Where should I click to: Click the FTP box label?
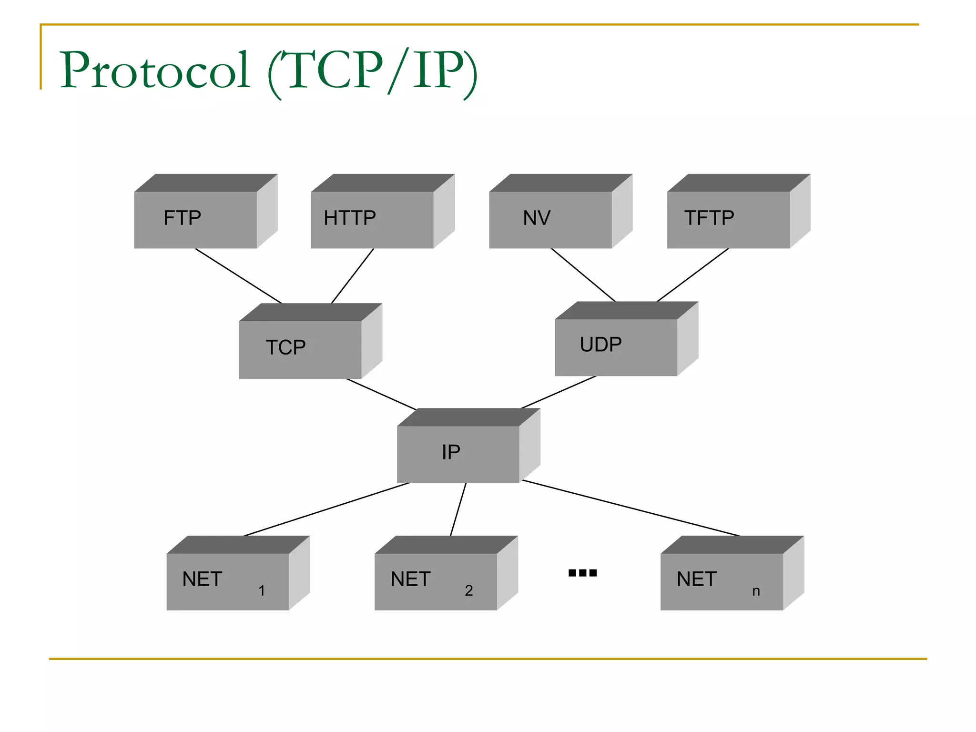pyautogui.click(x=182, y=218)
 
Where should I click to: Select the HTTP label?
pyautogui.click(x=350, y=218)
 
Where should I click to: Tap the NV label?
pyautogui.click(x=537, y=218)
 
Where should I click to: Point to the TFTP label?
pyautogui.click(x=709, y=218)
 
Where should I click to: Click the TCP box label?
pyautogui.click(x=285, y=347)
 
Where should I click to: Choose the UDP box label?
pyautogui.click(x=600, y=345)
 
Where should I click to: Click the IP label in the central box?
pyautogui.click(x=451, y=452)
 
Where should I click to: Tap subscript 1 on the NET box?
pyautogui.click(x=262, y=591)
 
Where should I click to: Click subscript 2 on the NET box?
pyautogui.click(x=469, y=591)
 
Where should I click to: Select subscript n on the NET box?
pyautogui.click(x=756, y=591)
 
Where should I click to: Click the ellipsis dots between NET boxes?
pyautogui.click(x=582, y=573)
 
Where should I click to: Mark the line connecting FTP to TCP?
pyautogui.click(x=238, y=276)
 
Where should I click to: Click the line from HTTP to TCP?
pyautogui.click(x=353, y=275)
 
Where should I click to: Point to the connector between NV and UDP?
pyautogui.click(x=583, y=275)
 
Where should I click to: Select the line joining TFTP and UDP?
pyautogui.click(x=692, y=275)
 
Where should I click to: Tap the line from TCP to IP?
pyautogui.click(x=381, y=394)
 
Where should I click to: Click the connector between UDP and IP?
pyautogui.click(x=559, y=392)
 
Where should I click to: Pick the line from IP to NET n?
pyautogui.click(x=631, y=508)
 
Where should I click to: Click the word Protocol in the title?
pyautogui.click(x=155, y=70)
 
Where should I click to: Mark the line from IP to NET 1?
pyautogui.click(x=327, y=509)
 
